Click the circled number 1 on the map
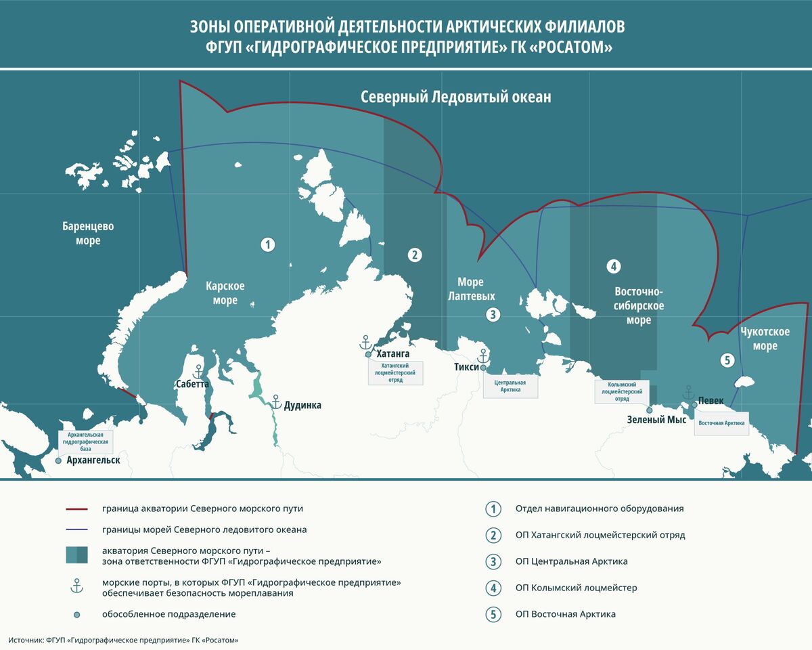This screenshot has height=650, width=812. (268, 245)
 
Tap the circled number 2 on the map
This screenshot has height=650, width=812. (415, 255)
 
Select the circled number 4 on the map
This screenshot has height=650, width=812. (614, 266)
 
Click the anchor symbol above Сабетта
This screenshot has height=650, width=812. (198, 371)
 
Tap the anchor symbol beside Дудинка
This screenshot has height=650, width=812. (276, 401)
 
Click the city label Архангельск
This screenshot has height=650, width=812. (93, 460)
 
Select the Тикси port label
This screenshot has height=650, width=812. (466, 367)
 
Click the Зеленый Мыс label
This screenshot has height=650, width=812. (656, 420)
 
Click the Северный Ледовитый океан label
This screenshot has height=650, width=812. (455, 97)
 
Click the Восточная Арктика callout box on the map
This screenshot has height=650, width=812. (721, 424)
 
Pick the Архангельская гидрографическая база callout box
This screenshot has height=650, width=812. (86, 441)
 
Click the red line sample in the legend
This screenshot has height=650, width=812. (77, 508)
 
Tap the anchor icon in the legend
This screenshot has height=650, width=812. (77, 587)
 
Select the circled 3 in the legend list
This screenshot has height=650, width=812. (494, 561)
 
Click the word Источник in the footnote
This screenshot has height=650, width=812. (25, 640)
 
